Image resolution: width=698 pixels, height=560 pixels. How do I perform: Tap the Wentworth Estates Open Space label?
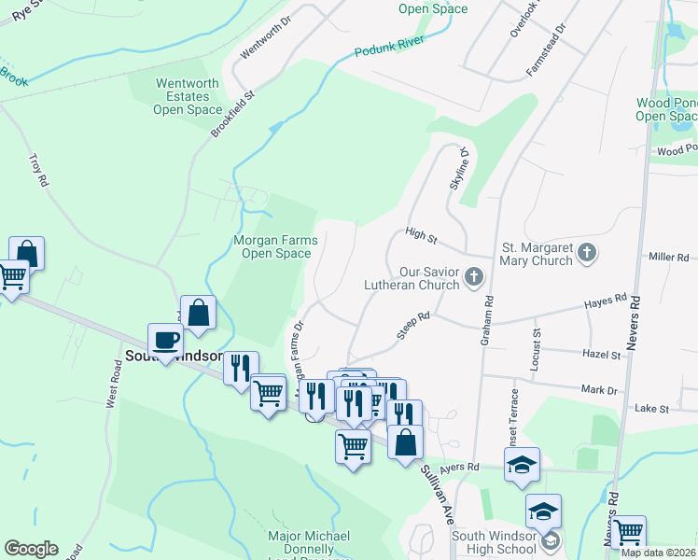[x=188, y=96]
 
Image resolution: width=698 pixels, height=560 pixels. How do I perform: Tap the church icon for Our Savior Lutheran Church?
[x=474, y=275]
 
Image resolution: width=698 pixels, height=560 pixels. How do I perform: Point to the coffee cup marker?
[x=165, y=341]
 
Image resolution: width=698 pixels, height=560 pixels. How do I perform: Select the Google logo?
[x=31, y=549]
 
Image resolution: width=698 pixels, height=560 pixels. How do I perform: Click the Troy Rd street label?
[x=38, y=170]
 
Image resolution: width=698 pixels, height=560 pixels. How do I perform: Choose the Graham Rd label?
[x=486, y=322]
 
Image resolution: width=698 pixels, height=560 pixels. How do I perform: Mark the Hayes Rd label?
[x=606, y=301]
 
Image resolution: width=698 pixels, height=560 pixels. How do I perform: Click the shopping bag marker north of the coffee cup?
[x=199, y=314]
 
